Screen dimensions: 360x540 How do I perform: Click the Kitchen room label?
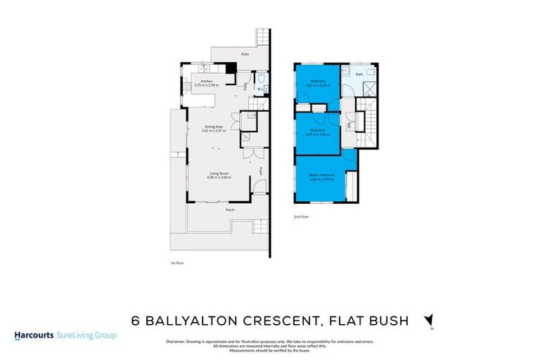point(207,82)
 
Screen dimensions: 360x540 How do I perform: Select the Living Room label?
point(219,174)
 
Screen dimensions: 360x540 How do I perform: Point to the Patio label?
point(245,53)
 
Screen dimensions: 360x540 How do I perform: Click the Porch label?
point(229,210)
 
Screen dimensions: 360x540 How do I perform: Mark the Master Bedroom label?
point(321,174)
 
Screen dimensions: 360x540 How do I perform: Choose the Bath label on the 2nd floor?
point(359,73)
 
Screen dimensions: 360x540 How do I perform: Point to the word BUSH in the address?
point(388,321)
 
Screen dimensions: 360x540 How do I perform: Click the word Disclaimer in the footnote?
point(176,341)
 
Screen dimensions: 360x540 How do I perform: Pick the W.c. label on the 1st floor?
point(259,89)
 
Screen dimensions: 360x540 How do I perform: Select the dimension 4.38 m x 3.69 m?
point(219,178)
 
